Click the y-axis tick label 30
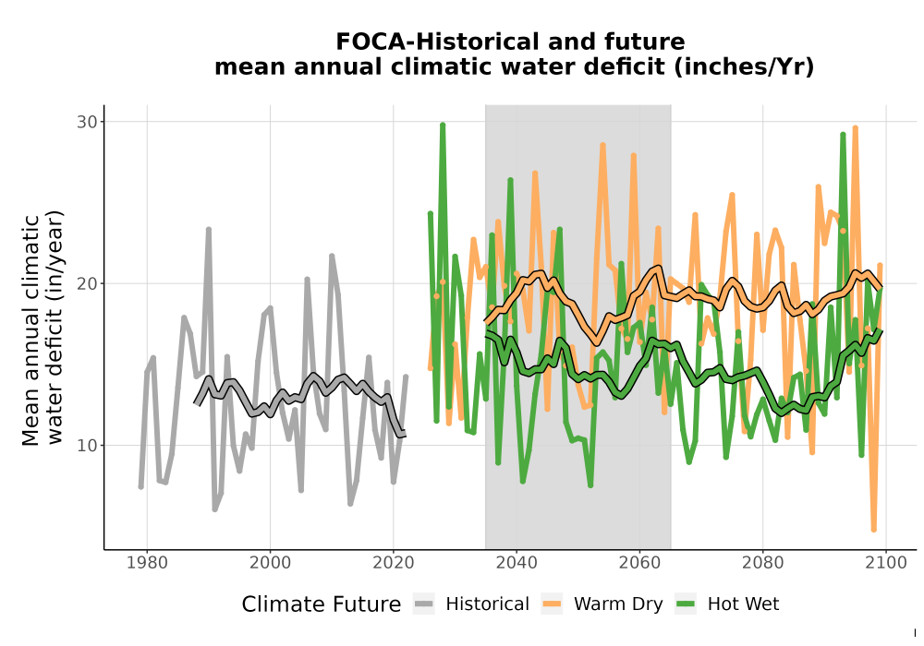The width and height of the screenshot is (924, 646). (x=86, y=122)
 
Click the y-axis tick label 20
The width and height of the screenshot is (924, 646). (x=86, y=283)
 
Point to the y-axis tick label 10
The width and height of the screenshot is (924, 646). (x=86, y=446)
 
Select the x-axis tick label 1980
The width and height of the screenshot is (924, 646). (x=147, y=563)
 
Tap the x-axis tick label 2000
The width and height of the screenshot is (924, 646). (x=271, y=563)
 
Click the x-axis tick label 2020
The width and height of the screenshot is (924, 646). (x=394, y=563)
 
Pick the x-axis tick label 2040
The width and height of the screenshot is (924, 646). (x=517, y=563)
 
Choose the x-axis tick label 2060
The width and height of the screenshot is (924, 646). (x=639, y=563)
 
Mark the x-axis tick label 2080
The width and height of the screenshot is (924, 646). (x=762, y=563)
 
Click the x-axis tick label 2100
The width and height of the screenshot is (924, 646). (x=886, y=563)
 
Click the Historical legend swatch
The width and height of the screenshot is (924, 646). (x=423, y=604)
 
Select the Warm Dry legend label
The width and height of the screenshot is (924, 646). (x=618, y=604)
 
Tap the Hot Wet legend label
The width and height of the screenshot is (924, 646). (x=743, y=604)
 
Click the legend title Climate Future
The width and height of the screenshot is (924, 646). (x=322, y=604)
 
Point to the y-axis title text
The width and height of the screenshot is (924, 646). (x=43, y=329)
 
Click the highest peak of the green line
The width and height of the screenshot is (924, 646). (x=443, y=125)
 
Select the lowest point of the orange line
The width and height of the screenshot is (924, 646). (x=874, y=530)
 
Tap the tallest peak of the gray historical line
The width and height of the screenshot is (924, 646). (x=209, y=230)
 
